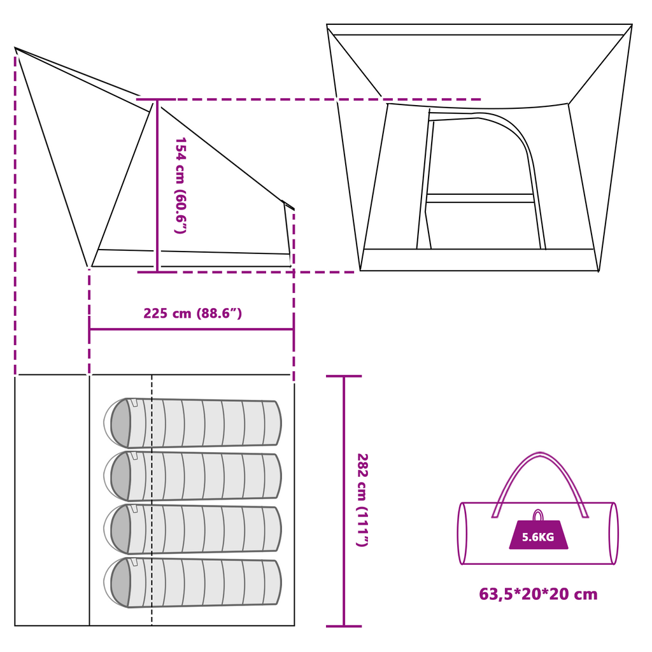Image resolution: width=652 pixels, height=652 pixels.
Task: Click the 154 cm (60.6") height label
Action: [x=180, y=185]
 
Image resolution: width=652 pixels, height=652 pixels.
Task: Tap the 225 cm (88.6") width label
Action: [x=192, y=313]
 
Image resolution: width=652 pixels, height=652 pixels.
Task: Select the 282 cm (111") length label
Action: [x=362, y=500]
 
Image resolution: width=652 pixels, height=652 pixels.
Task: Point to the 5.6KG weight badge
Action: [x=539, y=534]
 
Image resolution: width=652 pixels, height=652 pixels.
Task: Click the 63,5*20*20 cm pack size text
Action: [x=538, y=594]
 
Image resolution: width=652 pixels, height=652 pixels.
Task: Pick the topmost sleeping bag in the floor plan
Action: [x=192, y=423]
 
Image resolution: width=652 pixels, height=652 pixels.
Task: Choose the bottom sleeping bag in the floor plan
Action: [x=192, y=583]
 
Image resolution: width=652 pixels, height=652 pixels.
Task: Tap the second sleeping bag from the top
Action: [x=192, y=476]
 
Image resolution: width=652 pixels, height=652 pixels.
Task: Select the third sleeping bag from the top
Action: [x=192, y=529]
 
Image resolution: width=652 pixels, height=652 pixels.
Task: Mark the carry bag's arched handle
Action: [x=540, y=485]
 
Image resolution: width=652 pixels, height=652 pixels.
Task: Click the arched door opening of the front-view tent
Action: [x=481, y=181]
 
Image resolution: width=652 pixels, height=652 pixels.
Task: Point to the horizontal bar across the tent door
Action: [x=480, y=199]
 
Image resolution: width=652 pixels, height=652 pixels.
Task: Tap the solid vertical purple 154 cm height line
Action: [x=157, y=186]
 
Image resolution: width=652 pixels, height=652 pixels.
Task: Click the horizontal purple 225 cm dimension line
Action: [x=192, y=329]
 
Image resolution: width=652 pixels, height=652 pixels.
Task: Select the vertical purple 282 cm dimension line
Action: [x=344, y=501]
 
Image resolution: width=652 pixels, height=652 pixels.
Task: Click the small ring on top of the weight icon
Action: [x=538, y=515]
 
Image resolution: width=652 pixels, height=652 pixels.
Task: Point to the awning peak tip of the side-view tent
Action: [x=15, y=48]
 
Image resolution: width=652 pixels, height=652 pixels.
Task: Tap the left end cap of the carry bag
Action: [x=462, y=534]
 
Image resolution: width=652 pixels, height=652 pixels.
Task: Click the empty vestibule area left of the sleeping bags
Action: [x=52, y=500]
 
